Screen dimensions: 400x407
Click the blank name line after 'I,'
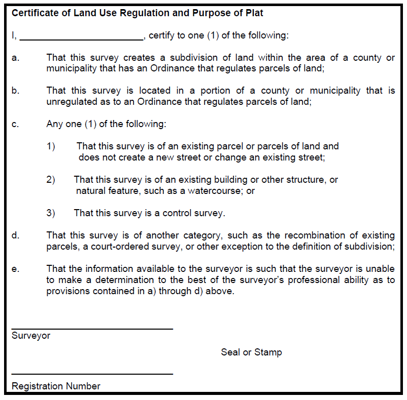pos(82,38)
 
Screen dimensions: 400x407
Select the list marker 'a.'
pos(16,58)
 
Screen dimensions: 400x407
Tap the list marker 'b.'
pos(16,91)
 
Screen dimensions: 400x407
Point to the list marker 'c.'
pos(16,124)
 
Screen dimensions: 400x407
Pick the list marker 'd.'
pos(16,235)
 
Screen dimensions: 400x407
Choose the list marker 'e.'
pos(16,269)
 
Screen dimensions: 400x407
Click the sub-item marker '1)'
pos(51,146)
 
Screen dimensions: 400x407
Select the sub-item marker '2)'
pos(51,180)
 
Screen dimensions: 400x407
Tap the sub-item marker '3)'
pos(51,213)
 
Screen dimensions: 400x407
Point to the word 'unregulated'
pos(72,102)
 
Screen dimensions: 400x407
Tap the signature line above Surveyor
pos(92,329)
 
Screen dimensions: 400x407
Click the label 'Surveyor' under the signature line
pos(31,336)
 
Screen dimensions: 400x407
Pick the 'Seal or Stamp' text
pos(251,352)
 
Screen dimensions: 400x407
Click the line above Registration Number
pos(92,374)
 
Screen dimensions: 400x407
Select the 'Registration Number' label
pos(56,386)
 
